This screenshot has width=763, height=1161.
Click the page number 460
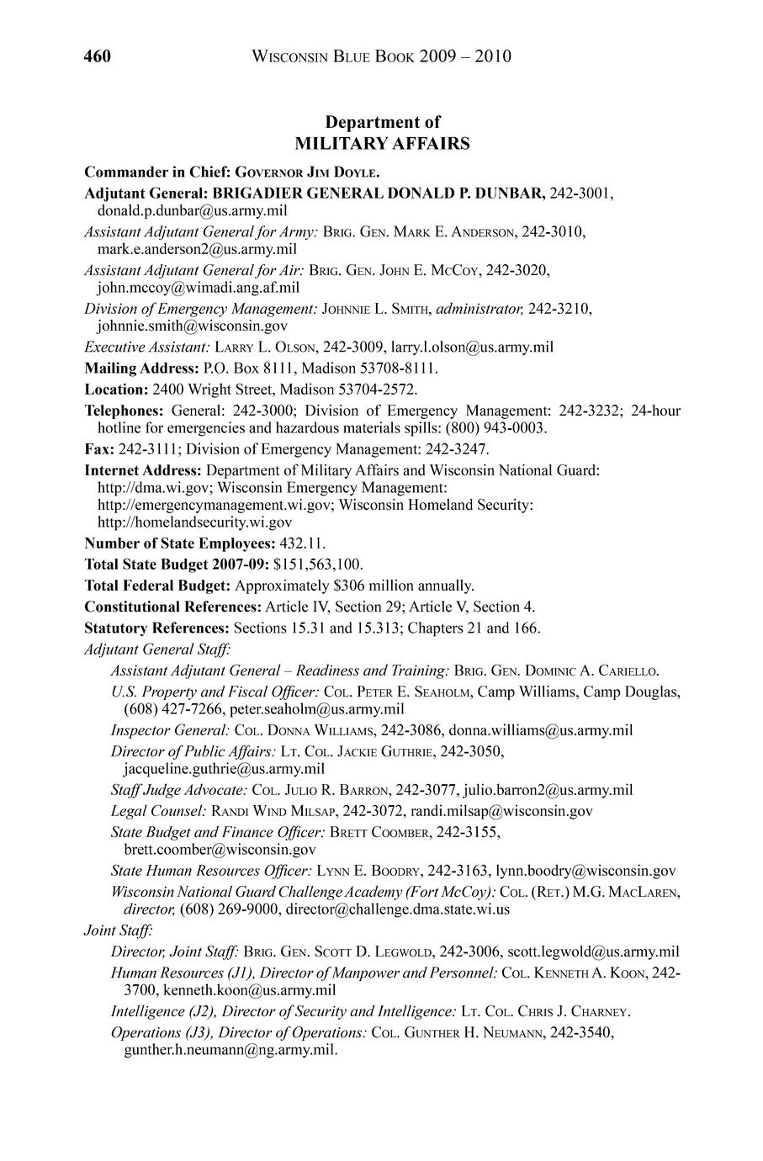tap(98, 57)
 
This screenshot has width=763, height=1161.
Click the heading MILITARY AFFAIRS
tap(382, 143)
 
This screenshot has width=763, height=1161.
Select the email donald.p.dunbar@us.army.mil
tap(193, 209)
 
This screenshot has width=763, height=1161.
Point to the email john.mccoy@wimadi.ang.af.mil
tap(193, 287)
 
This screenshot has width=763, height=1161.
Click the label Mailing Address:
tap(141, 368)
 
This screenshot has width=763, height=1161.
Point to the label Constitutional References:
tap(172, 607)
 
